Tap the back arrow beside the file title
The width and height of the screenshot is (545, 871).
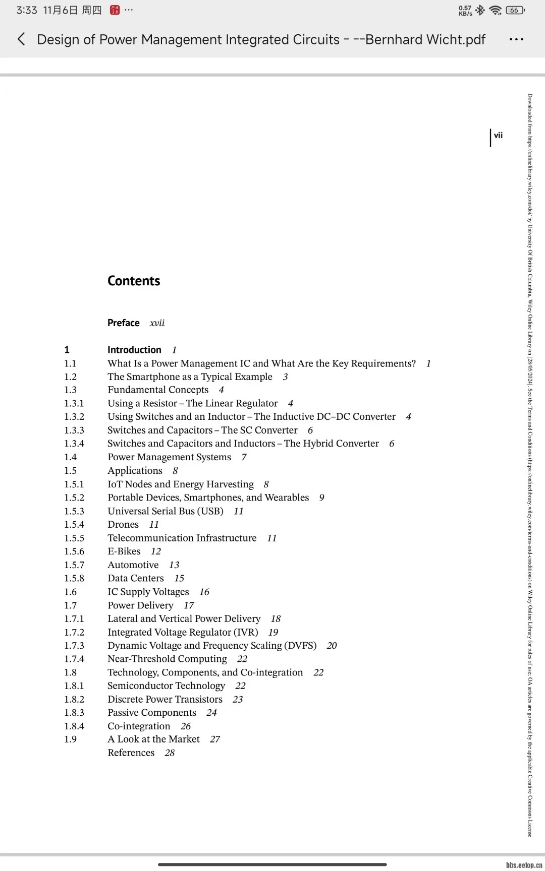point(21,39)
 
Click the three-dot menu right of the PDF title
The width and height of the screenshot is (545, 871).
point(516,39)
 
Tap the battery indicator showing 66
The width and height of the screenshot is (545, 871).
point(515,10)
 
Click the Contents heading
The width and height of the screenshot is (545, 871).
point(134,281)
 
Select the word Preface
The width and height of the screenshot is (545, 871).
point(123,323)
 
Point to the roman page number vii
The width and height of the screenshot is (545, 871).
point(498,135)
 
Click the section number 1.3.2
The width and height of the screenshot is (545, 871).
point(74,417)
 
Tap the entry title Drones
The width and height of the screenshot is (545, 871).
point(123,525)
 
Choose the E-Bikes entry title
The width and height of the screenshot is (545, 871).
point(124,551)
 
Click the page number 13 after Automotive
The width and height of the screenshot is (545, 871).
point(174,565)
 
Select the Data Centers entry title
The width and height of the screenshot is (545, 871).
point(136,578)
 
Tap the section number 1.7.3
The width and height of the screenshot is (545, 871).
point(74,646)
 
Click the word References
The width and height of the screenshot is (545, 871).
point(131,753)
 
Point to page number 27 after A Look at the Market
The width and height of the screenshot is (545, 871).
point(215,739)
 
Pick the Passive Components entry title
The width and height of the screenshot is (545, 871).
point(152,713)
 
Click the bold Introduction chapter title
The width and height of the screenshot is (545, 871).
point(134,350)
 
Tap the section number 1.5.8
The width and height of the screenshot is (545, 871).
point(74,578)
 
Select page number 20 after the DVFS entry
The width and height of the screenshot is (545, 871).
point(332,646)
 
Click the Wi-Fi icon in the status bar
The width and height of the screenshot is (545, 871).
point(496,10)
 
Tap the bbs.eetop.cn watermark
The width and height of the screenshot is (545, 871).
point(524,865)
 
